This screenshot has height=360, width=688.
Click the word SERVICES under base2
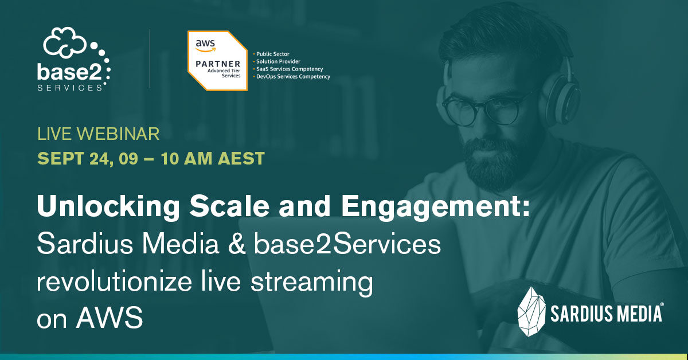(70, 87)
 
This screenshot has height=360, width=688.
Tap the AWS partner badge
(217, 60)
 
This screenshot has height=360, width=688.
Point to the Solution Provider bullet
(278, 61)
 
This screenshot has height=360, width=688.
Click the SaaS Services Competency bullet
(289, 69)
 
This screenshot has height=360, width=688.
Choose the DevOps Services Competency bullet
(292, 76)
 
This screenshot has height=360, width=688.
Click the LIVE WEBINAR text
(98, 135)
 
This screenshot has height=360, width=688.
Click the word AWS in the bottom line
(110, 318)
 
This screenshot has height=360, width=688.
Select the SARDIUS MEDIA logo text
(607, 314)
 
